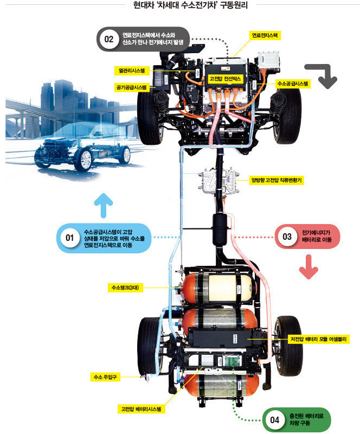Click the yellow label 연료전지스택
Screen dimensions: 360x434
(265, 36)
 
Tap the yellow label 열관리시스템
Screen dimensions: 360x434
(132, 71)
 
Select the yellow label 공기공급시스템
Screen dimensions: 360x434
(131, 87)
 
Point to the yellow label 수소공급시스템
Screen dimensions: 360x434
(293, 84)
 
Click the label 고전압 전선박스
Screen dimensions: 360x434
(224, 79)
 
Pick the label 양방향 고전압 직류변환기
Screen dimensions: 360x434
(277, 181)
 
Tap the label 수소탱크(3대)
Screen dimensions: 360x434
(125, 288)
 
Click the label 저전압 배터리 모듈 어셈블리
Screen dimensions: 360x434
(318, 339)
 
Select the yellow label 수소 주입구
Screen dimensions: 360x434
(105, 377)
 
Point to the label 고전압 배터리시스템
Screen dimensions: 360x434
(141, 409)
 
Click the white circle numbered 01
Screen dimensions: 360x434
(70, 238)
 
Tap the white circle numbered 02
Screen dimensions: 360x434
(109, 39)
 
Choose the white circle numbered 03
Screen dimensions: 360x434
(287, 237)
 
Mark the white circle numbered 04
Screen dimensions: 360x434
(274, 420)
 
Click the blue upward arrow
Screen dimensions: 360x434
(104, 205)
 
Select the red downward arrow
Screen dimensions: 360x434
(309, 267)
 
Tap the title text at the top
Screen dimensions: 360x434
(190, 5)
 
